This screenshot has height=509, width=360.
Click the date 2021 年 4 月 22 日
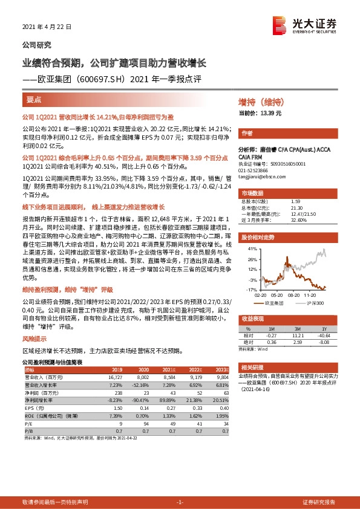click(x=47, y=27)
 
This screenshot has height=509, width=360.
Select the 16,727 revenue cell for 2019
click(x=115, y=376)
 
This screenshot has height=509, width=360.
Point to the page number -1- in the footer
click(x=180, y=502)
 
